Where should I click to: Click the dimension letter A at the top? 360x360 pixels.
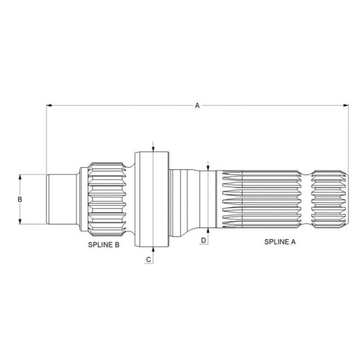197,105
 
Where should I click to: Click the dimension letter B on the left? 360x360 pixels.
20,199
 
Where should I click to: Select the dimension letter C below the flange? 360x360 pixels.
148,259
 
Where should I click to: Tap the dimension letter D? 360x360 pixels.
204,240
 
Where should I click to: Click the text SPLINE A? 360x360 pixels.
280,242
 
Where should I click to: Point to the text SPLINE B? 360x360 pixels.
104,245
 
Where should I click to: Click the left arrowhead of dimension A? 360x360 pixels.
49,105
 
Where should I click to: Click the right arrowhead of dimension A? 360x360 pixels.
346,105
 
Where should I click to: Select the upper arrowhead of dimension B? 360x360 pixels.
20,177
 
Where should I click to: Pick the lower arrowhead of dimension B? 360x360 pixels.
20,221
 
